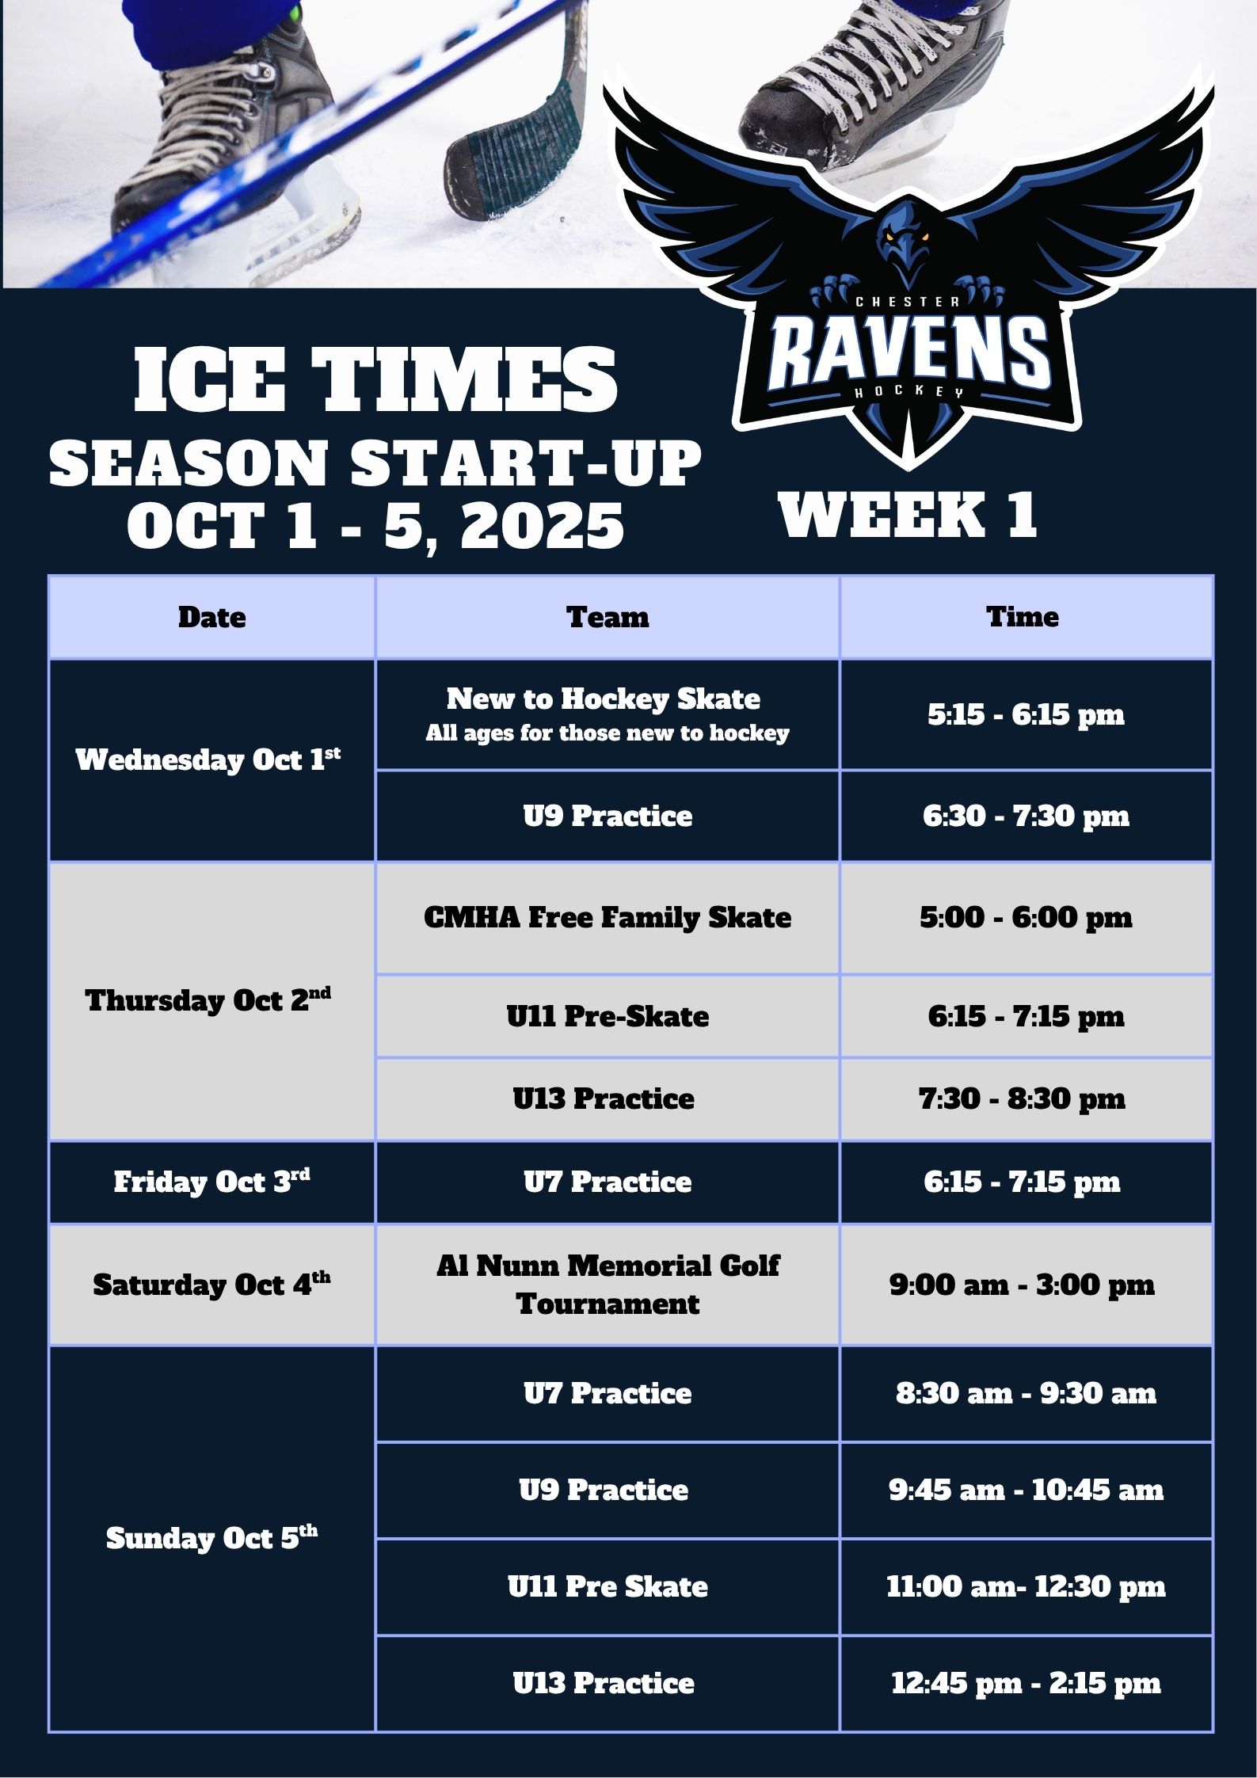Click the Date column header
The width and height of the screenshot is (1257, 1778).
coord(211,617)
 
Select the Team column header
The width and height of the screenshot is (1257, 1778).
coord(608,617)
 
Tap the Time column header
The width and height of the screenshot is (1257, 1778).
coord(1027,617)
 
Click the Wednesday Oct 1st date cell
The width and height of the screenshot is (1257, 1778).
coord(211,760)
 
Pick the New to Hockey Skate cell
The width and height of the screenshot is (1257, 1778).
coord(608,714)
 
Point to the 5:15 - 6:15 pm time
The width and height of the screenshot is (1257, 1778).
coord(1027,714)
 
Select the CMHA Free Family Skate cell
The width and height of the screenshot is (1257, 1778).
coord(608,918)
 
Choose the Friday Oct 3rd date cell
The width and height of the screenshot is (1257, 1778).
coord(211,1182)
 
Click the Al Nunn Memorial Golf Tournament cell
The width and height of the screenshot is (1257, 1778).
coord(608,1285)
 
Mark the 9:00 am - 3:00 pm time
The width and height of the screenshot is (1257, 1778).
coord(1022,1285)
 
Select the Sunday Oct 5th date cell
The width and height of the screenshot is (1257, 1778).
coord(211,1539)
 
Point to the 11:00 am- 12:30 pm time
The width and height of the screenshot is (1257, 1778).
coord(1026,1586)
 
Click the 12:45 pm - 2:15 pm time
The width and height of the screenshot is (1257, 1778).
coord(1026,1683)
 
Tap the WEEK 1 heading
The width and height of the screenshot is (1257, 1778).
coord(908,515)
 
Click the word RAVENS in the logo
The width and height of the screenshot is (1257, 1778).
coord(908,351)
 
